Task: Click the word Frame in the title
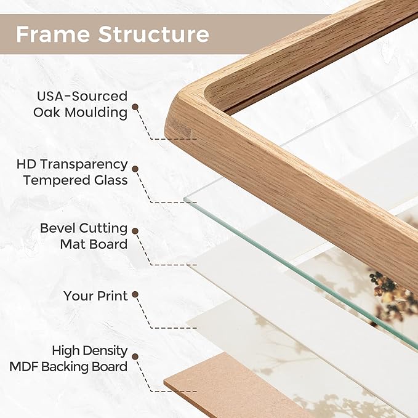pyautogui.click(x=53, y=34)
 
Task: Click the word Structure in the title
pyautogui.click(x=154, y=34)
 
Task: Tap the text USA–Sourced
pyautogui.click(x=82, y=96)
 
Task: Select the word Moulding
pyautogui.click(x=96, y=112)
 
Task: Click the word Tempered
pyautogui.click(x=54, y=181)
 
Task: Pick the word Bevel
pyautogui.click(x=57, y=228)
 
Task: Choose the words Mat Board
pyautogui.click(x=94, y=244)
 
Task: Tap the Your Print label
pyautogui.click(x=95, y=296)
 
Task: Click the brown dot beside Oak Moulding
pyautogui.click(x=135, y=107)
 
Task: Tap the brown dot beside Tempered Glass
pyautogui.click(x=135, y=169)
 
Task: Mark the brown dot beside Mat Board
pyautogui.click(x=135, y=231)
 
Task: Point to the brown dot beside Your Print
pyautogui.click(x=135, y=294)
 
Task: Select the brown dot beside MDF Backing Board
pyautogui.click(x=135, y=356)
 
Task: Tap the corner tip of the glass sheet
pyautogui.click(x=185, y=199)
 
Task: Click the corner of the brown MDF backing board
pyautogui.click(x=165, y=382)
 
